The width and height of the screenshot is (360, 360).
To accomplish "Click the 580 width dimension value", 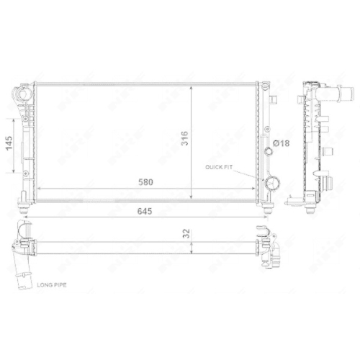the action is point(145,182).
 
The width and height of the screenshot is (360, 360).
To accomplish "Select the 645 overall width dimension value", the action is point(145,211).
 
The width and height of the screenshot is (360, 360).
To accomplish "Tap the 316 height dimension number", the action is point(184,138).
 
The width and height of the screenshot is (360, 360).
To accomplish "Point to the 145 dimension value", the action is point(9,143).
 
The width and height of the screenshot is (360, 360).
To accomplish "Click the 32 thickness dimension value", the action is point(186,233).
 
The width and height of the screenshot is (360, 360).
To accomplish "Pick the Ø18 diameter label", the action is point(281,143).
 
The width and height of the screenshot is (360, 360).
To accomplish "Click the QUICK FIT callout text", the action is point(219,167).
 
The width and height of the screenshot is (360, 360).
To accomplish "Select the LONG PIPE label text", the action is point(52,285).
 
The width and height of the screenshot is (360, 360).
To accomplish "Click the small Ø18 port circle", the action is point(269,152).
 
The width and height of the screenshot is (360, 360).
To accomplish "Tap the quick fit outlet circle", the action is point(271,183).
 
